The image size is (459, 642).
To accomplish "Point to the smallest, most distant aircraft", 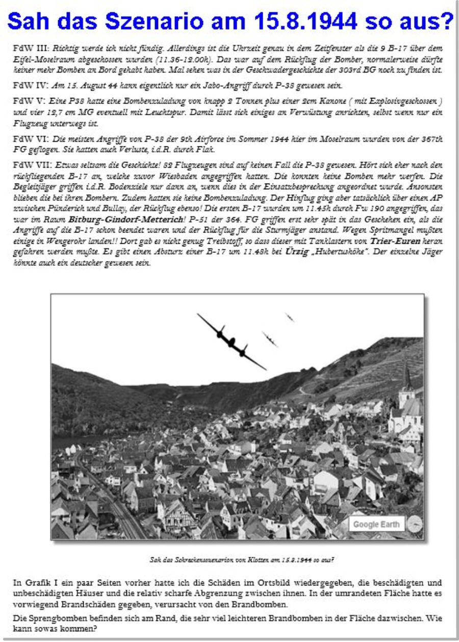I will pyautogui.click(x=290, y=317).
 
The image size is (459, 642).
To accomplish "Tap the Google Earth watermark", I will pyautogui.click(x=376, y=524).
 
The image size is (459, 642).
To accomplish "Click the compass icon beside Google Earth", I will pyautogui.click(x=415, y=524).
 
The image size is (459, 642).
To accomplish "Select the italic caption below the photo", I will pyautogui.click(x=241, y=559).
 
